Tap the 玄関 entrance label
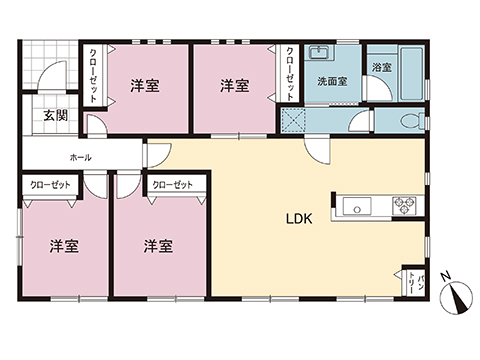point(55,116)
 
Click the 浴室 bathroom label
point(380,68)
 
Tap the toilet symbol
point(408,120)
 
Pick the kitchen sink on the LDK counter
point(357,206)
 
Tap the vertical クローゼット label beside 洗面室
point(291,72)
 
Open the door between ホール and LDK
point(155,155)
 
